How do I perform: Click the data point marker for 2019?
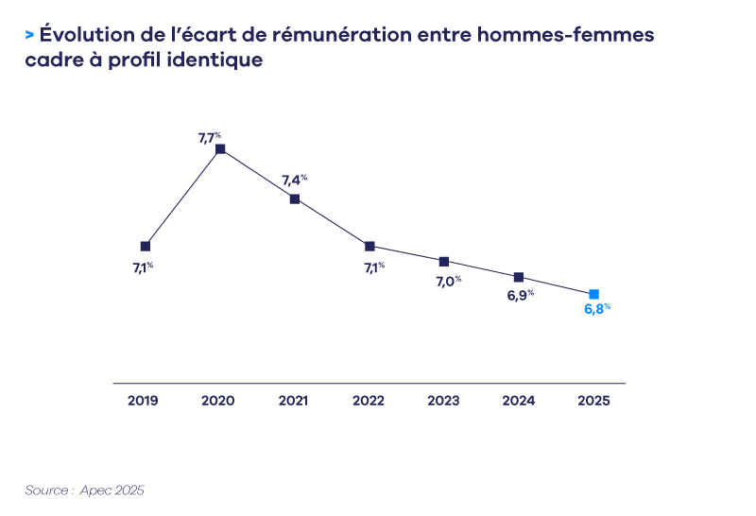(145, 246)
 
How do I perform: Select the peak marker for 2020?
(220, 148)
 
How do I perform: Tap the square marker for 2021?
(295, 198)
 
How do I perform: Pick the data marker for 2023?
(444, 261)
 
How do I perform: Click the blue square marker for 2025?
(593, 294)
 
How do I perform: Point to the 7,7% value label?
(209, 138)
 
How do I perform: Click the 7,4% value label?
(295, 180)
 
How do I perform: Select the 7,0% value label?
(448, 281)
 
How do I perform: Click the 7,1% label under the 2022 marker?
(373, 267)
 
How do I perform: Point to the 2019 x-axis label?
(143, 401)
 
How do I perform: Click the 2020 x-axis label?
(217, 401)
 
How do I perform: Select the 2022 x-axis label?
(369, 401)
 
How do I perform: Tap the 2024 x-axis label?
(519, 401)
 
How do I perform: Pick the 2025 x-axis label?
(594, 401)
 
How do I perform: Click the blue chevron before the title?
(30, 35)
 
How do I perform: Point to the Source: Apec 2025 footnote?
(85, 490)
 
